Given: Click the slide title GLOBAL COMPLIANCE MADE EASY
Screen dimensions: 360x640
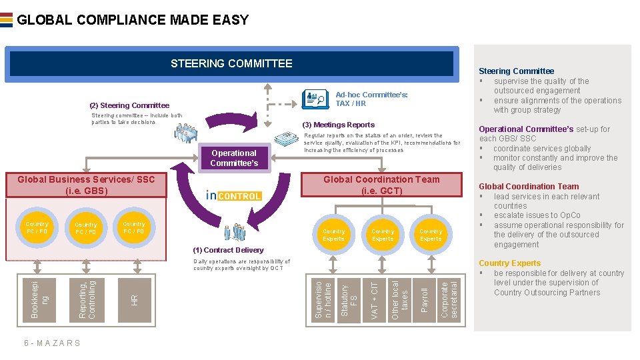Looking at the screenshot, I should pos(133,20).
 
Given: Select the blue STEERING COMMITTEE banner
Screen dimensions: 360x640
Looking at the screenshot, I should pos(231,63).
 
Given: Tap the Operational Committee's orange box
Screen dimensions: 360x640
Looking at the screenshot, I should pos(233,158).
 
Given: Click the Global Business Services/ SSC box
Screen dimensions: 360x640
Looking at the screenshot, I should pos(86,185).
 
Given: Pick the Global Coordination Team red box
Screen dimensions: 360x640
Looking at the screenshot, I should pos(381,185).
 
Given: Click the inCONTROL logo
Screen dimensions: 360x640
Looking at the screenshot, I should pos(233,195).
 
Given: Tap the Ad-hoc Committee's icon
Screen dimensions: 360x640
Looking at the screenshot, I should pos(315,99).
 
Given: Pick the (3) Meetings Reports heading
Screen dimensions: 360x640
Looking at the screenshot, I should pos(339,125).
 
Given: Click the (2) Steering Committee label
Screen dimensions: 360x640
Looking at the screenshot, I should pos(129,105).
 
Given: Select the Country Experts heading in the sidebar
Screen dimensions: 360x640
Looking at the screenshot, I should pos(509,263).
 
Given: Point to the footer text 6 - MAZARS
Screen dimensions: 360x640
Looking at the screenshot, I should pos(52,343).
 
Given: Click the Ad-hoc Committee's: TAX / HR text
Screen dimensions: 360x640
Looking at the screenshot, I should pos(371,99).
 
